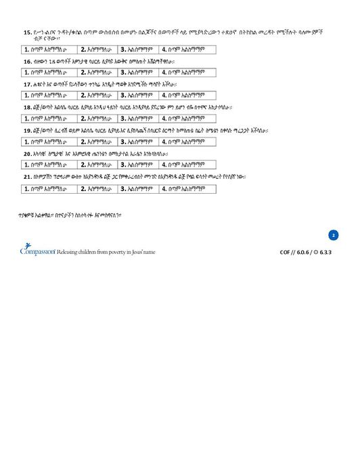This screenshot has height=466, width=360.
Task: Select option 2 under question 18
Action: coord(99,119)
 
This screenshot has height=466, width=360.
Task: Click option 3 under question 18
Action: coord(139,119)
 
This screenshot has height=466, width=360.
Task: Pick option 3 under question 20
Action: coord(139,165)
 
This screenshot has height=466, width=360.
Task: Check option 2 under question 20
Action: coord(99,165)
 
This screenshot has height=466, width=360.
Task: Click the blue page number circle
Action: coord(333,235)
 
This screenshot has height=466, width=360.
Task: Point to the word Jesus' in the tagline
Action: coord(131,252)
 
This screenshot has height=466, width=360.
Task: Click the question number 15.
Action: coord(28,32)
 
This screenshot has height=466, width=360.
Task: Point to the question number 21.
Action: coord(28,177)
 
